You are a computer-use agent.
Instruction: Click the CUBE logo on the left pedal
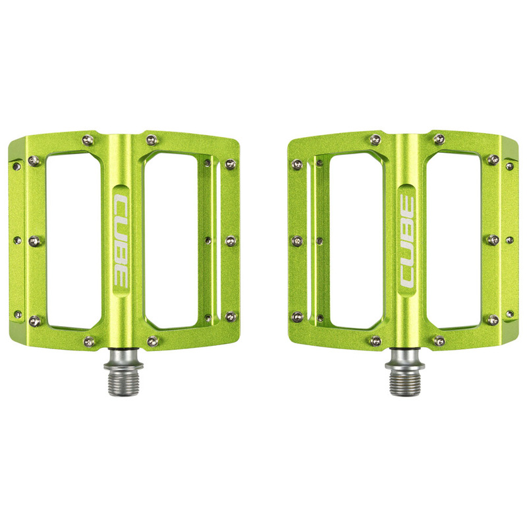pos(122,238)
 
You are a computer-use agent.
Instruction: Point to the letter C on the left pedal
pos(122,200)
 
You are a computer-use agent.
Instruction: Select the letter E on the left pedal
pos(122,277)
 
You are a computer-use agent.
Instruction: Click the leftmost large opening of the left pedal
pos(72,241)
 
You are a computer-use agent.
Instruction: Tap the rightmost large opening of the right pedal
pos(455,241)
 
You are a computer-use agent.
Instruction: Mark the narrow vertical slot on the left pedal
pos(216,241)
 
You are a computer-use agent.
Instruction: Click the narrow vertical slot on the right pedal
pos(311,241)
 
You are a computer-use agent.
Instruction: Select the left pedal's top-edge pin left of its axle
pos(88,140)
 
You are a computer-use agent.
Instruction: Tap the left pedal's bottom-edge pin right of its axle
pos(152,341)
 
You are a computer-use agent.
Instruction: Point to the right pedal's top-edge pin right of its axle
pos(438,138)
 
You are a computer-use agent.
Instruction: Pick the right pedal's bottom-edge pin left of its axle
pos(375,341)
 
